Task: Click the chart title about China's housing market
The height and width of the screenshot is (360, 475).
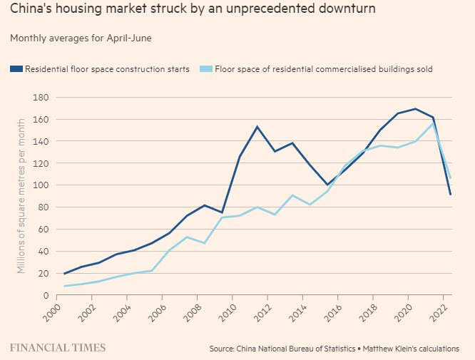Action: click(193, 10)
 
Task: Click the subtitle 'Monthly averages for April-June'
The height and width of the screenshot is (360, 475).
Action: click(81, 38)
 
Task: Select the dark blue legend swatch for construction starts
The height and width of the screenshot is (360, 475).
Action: click(16, 69)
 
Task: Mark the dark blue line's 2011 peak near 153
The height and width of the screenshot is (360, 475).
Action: click(257, 127)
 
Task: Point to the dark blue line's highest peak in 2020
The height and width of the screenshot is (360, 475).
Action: click(415, 109)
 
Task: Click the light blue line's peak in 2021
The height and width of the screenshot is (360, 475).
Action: click(433, 123)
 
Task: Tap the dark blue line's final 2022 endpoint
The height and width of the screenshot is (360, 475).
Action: click(451, 194)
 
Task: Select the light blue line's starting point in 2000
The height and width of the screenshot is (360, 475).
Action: click(65, 286)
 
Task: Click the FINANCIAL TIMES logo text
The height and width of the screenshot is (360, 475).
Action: click(58, 348)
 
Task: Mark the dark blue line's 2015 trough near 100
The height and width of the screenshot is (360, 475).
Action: click(327, 185)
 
